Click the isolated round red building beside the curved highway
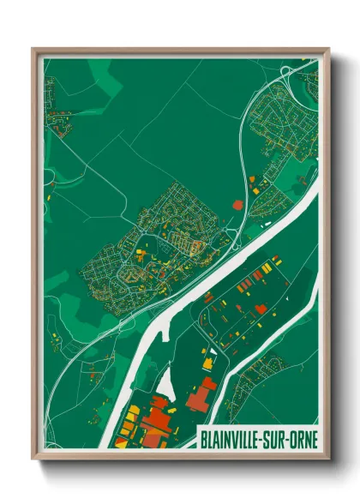click(x=238, y=203)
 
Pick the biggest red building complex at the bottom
click(x=155, y=420)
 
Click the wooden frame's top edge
click(x=180, y=51)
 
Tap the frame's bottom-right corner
click(x=327, y=458)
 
